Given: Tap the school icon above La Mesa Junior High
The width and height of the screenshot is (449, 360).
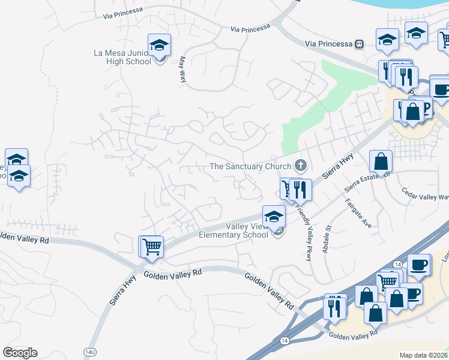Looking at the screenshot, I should coord(160,45).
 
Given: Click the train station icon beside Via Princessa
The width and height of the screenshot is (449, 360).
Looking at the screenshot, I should coord(360,44).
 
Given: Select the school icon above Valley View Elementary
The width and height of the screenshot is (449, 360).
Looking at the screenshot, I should coord(274,216).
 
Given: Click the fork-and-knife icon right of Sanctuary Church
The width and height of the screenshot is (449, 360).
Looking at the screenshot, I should coord(301,190).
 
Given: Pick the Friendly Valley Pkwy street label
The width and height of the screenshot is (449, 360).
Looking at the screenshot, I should coord(304,225).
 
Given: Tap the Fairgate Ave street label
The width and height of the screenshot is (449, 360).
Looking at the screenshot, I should coord(359,215).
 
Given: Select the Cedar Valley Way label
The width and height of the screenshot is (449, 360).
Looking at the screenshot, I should coord(426,196).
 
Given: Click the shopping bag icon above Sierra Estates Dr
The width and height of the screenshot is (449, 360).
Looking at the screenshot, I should coord(381,161).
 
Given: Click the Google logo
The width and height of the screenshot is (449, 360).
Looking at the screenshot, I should coord(20,353).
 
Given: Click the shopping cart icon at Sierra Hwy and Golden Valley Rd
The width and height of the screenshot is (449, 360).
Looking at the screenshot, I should coord(152,245).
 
